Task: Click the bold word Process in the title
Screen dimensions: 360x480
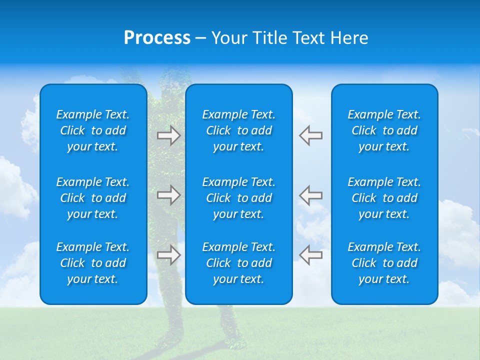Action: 157,38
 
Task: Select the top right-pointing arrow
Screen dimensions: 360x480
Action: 168,135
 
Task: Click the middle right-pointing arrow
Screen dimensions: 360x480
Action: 168,195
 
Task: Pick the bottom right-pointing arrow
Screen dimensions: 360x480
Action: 168,255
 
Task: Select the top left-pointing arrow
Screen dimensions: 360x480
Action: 311,135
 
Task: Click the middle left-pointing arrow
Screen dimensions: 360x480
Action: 311,195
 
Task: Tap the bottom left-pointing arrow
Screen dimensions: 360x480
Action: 311,255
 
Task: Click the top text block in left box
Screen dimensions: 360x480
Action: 93,130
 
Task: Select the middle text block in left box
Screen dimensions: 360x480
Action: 93,198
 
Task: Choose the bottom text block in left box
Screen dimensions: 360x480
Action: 93,263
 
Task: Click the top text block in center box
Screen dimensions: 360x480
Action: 238,130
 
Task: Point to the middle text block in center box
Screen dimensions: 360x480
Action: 238,198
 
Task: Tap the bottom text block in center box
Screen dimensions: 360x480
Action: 238,263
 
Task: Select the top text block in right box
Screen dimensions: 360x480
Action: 384,130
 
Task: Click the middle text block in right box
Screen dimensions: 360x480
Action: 384,198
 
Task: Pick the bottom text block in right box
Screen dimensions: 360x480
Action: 384,263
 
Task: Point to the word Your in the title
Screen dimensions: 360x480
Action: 228,38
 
